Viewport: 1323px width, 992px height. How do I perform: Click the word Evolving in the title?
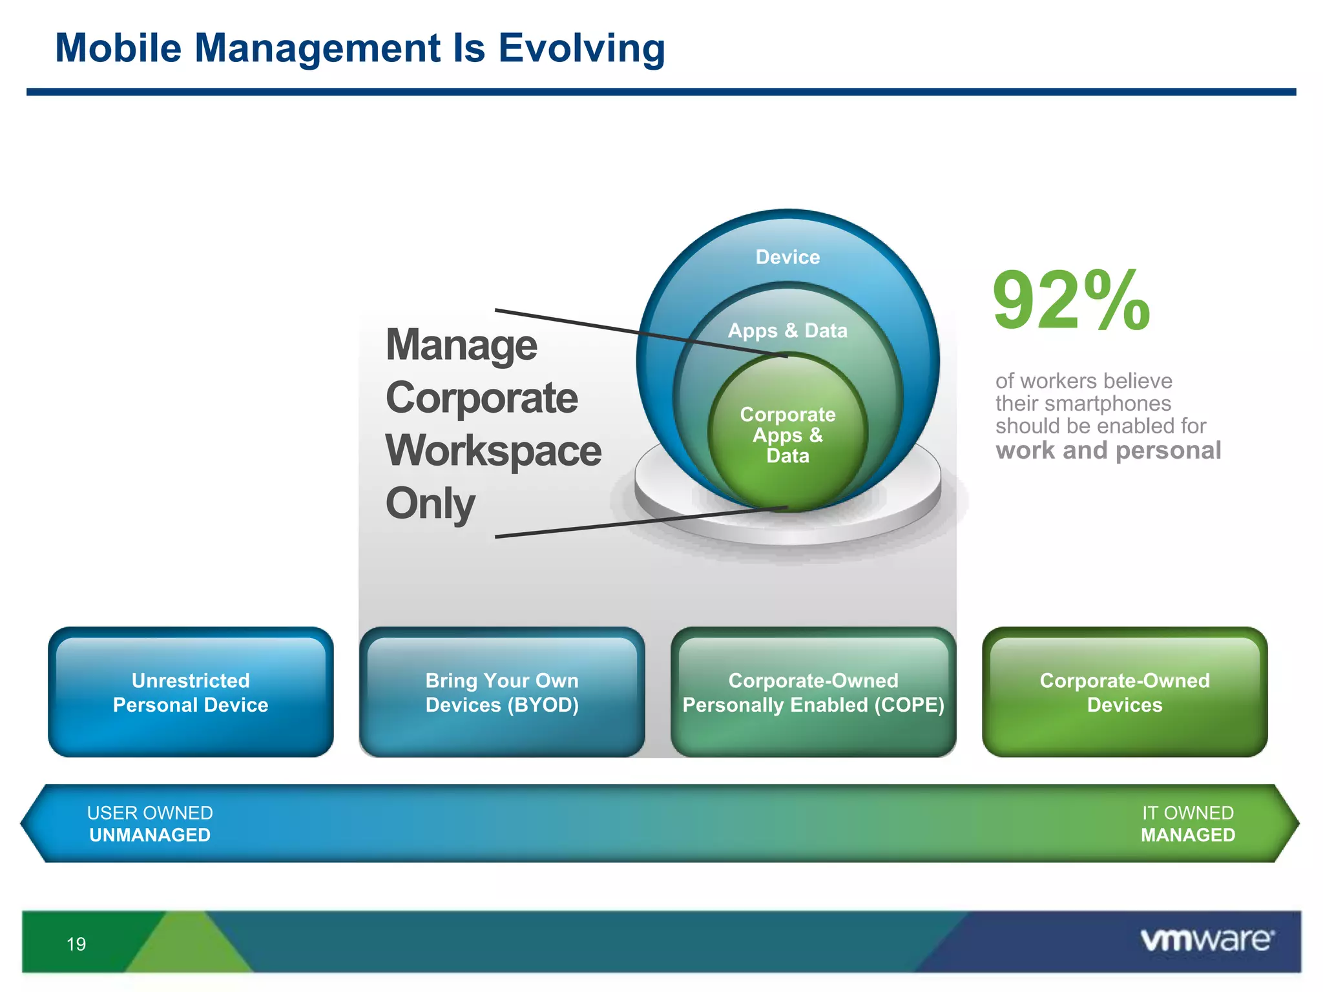pyautogui.click(x=581, y=49)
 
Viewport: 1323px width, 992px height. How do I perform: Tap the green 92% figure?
pyautogui.click(x=1071, y=301)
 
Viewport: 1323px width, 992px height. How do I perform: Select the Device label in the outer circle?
pyautogui.click(x=787, y=257)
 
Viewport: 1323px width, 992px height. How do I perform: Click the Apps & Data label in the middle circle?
pyautogui.click(x=787, y=331)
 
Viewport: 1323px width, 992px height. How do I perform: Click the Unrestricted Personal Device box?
pyautogui.click(x=191, y=692)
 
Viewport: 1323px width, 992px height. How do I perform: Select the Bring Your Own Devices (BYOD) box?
pyautogui.click(x=502, y=692)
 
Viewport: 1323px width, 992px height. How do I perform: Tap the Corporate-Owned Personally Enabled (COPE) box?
pyautogui.click(x=813, y=692)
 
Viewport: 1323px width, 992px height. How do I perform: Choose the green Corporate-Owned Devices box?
pyautogui.click(x=1125, y=692)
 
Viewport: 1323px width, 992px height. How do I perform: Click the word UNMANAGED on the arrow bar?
pyautogui.click(x=150, y=835)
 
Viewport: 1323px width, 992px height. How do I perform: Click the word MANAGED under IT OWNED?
pyautogui.click(x=1187, y=835)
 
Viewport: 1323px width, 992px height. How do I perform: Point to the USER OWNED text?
pyautogui.click(x=150, y=812)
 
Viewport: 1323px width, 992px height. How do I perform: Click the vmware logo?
pyautogui.click(x=1207, y=940)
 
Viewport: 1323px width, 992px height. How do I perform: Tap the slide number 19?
pyautogui.click(x=76, y=944)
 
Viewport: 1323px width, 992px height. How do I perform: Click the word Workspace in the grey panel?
pyautogui.click(x=493, y=451)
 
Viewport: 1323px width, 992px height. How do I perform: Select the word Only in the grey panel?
pyautogui.click(x=430, y=504)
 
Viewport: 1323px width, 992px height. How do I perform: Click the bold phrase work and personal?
pyautogui.click(x=1108, y=450)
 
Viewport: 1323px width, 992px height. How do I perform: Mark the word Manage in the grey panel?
pyautogui.click(x=461, y=345)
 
